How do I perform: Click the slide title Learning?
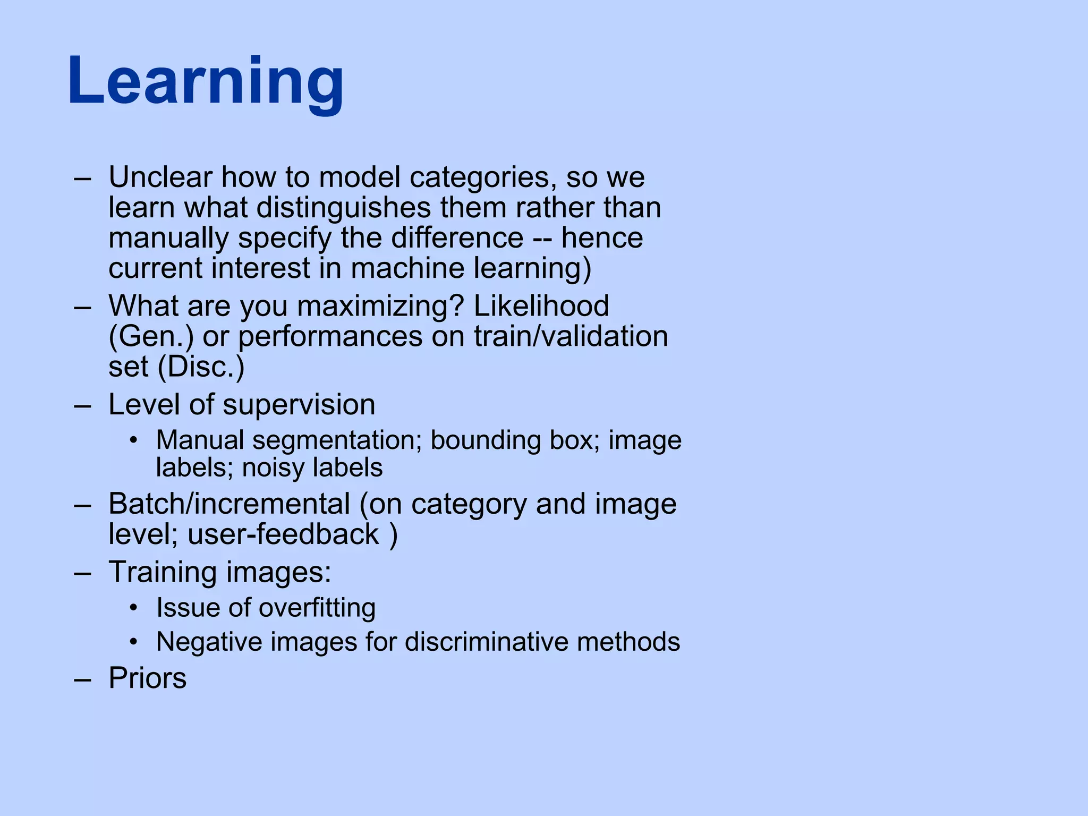206,82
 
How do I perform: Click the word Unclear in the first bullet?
160,177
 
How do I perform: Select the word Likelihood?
541,306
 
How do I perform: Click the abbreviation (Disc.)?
201,367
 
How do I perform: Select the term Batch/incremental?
229,504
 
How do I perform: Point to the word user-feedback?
283,534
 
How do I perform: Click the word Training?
163,572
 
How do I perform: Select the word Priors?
148,678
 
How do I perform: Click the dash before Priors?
82,679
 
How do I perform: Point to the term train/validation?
571,337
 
